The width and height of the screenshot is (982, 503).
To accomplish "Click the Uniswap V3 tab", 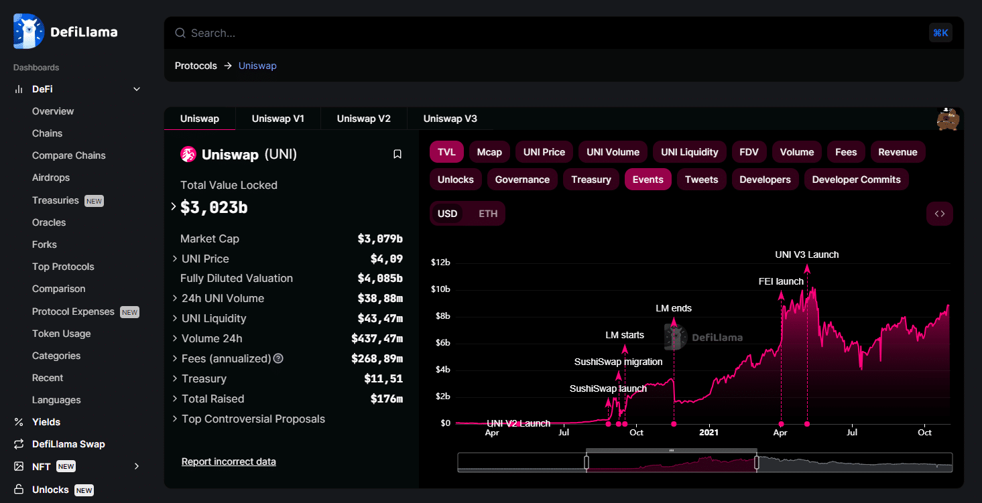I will coord(450,119).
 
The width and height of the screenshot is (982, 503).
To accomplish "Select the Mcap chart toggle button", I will coord(489,152).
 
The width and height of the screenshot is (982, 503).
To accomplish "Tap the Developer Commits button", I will coord(856,179).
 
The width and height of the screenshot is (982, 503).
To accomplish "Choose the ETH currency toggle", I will coord(488,214).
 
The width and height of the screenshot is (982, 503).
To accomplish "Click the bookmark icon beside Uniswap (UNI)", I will coord(397,154).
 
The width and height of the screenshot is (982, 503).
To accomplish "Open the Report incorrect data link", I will coord(229,461).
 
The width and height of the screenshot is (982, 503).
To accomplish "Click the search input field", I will coord(469,33).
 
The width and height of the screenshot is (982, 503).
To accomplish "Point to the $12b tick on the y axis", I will coord(440,263).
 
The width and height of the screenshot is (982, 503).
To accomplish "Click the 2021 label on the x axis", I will coord(709,433).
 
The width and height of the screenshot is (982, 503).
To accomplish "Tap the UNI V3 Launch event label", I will coord(806,255).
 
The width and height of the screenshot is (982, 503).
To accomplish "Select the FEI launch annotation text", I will coord(781,281).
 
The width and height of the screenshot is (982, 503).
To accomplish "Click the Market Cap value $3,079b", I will coord(380,238).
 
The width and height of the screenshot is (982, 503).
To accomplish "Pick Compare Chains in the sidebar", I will coord(69,155).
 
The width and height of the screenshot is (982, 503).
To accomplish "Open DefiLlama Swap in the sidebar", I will coord(68,444).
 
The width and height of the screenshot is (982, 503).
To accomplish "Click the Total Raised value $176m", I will coord(386,399).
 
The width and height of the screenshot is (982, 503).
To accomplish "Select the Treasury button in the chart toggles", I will coord(591,179).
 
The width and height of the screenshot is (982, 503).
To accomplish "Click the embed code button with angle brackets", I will coord(939,214).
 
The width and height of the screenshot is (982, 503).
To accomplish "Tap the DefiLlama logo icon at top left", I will coord(29,31).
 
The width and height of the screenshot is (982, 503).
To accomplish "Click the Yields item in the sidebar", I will coord(46,422).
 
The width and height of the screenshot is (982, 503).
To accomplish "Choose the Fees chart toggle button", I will coord(845,152).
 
